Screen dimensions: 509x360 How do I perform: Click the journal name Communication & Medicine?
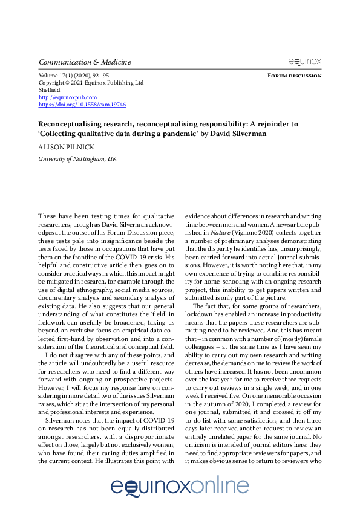coord(84,62)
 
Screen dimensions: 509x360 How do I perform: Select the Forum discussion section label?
coord(293,76)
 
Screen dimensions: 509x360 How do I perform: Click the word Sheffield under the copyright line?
coord(50,89)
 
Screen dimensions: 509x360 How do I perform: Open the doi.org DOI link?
coord(82,104)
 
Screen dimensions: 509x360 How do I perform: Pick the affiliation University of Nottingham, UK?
coord(77,158)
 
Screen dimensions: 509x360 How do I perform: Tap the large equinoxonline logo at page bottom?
coord(180,487)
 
